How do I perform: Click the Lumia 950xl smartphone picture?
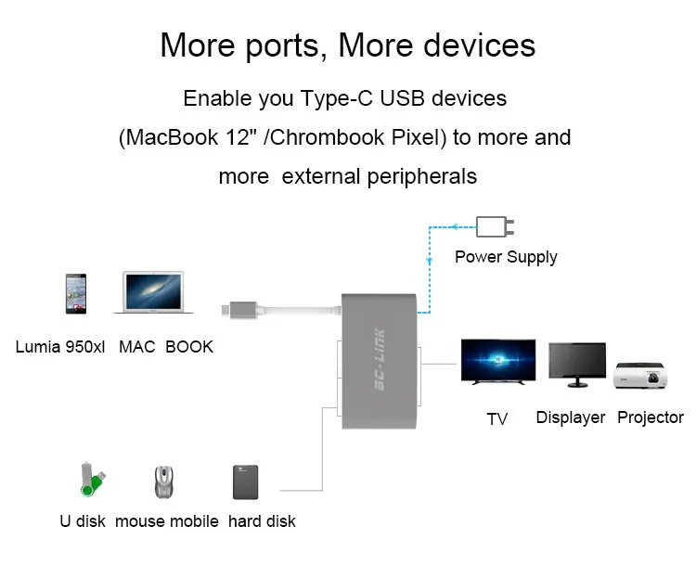coord(76,294)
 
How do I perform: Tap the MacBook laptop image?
coord(153,292)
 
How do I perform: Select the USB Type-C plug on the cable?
coord(239,310)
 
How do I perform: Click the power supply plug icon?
coord(495,226)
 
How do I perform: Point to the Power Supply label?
coord(506,257)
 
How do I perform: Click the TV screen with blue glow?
coord(498,361)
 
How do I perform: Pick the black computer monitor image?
coord(577,365)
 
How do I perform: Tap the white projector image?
coord(640,376)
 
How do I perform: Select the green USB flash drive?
coord(92,480)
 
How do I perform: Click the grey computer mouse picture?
coord(163,482)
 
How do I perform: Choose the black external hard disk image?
coord(246,482)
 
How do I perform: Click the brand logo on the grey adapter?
coord(380,360)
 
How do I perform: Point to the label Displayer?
coord(571,417)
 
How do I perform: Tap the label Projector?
coord(651,417)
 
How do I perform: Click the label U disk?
coord(83,521)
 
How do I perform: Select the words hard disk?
coord(262,521)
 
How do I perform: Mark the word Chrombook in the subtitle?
coord(327,137)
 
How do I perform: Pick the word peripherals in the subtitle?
coord(421,177)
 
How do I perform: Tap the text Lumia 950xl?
coord(60,347)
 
